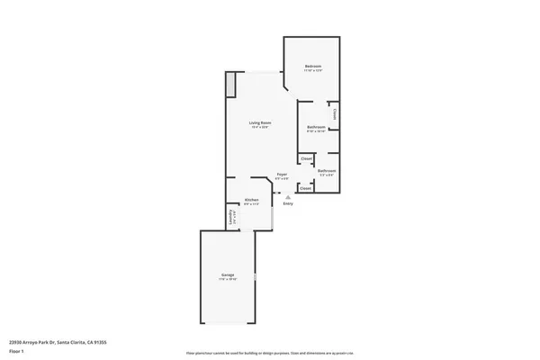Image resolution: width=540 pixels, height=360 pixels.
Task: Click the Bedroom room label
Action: tap(312, 67)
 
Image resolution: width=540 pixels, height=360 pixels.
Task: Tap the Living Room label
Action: tap(260, 122)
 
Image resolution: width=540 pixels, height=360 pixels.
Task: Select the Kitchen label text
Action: tap(252, 200)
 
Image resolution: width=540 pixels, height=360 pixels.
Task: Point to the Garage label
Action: tap(228, 274)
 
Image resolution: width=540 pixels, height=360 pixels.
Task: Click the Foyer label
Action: tap(282, 174)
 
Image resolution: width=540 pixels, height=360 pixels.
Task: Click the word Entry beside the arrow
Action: tap(288, 204)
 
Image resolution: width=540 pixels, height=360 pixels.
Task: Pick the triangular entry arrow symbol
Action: tap(288, 197)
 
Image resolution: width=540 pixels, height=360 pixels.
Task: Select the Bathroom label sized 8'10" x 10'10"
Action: tap(316, 127)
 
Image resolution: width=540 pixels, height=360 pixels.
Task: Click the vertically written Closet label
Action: tap(335, 114)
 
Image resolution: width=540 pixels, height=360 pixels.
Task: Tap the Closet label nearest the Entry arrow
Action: tap(306, 189)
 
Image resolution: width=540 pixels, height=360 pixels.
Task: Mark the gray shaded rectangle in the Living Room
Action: tap(230, 84)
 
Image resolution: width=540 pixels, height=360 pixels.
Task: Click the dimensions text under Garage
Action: tap(228, 279)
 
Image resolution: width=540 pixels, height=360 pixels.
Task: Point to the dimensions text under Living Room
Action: tap(260, 127)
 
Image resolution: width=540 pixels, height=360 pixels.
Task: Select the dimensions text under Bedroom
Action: tap(312, 71)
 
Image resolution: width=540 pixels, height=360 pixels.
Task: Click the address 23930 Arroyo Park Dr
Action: tap(44, 342)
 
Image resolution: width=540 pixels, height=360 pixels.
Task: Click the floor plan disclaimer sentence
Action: tap(270, 353)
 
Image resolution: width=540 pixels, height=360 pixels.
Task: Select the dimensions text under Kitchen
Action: tap(252, 204)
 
